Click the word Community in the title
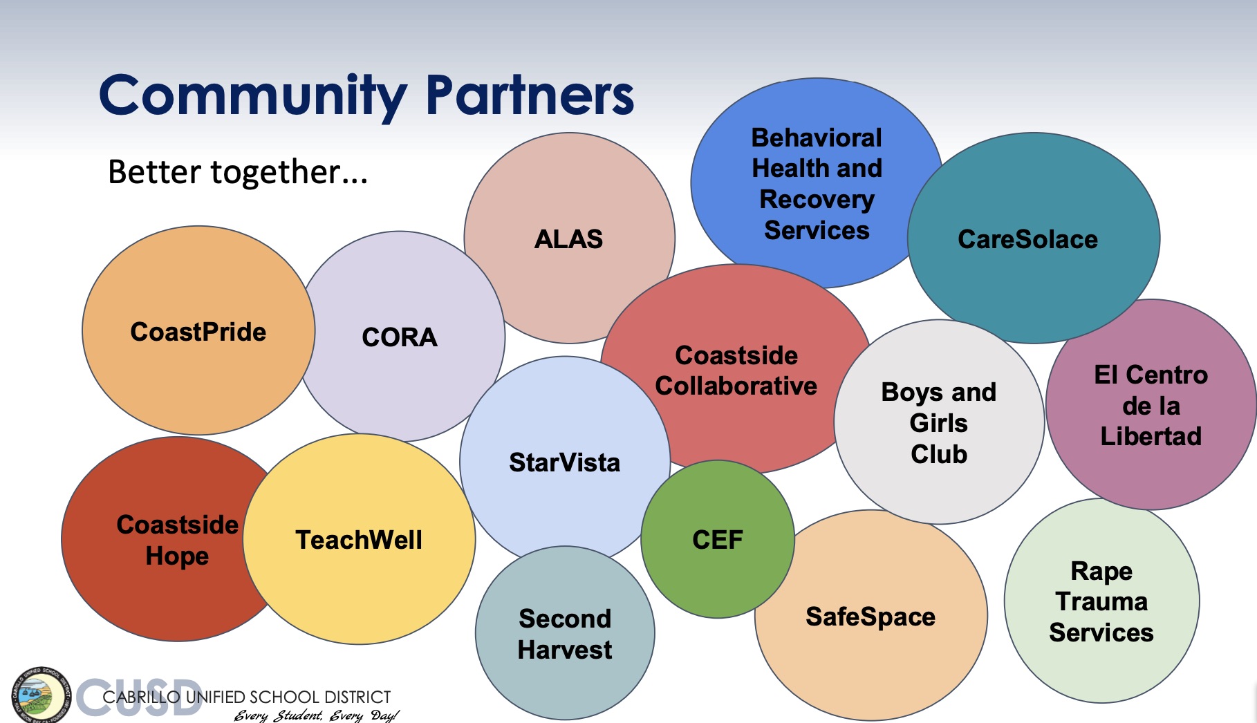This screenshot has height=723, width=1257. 253,97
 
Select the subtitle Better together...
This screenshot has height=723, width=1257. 238,171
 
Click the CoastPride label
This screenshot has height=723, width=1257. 198,332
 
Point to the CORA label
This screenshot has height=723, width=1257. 400,337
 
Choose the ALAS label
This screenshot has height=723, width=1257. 568,239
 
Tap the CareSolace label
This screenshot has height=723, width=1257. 1027,239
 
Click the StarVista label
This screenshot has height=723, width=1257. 565,462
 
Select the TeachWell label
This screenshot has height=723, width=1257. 359,540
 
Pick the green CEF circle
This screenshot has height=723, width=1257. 718,539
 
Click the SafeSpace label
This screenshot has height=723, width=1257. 870,617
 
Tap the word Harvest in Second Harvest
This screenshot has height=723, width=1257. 565,650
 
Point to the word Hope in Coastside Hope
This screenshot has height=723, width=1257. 177,556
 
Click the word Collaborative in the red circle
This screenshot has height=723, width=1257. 736,386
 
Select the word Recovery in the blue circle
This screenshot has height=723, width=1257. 817,200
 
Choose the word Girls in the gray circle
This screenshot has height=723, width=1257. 938,423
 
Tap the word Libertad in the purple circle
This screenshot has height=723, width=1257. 1151,436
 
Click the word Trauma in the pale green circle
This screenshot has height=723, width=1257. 1101,601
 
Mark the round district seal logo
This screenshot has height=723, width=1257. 41,695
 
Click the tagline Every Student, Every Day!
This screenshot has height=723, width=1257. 316,715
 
